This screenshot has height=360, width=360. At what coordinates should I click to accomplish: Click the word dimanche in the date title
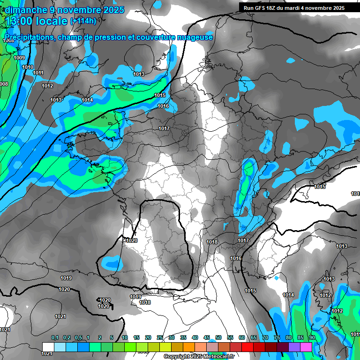(23, 10)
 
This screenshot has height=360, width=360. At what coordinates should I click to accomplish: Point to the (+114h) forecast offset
(83, 21)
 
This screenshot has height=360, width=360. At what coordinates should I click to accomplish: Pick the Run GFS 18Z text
(260, 8)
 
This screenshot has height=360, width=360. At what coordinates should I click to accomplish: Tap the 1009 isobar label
(19, 58)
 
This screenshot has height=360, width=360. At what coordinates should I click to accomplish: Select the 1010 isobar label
(28, 67)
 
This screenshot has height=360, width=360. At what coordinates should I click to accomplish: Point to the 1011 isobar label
(38, 73)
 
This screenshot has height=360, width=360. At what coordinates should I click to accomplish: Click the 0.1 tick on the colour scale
(54, 338)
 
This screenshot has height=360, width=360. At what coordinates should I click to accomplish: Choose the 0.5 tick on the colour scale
(78, 338)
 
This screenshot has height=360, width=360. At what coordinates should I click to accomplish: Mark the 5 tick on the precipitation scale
(112, 338)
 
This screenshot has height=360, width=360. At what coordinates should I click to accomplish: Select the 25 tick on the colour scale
(160, 338)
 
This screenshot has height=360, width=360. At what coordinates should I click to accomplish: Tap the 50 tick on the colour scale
(218, 338)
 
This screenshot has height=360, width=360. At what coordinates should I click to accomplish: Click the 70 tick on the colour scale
(265, 338)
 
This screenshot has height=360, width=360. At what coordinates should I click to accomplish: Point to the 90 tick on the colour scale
(312, 338)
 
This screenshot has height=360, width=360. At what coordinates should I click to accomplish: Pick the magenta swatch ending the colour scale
(306, 347)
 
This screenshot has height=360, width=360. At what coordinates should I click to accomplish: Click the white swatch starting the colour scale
(48, 347)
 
